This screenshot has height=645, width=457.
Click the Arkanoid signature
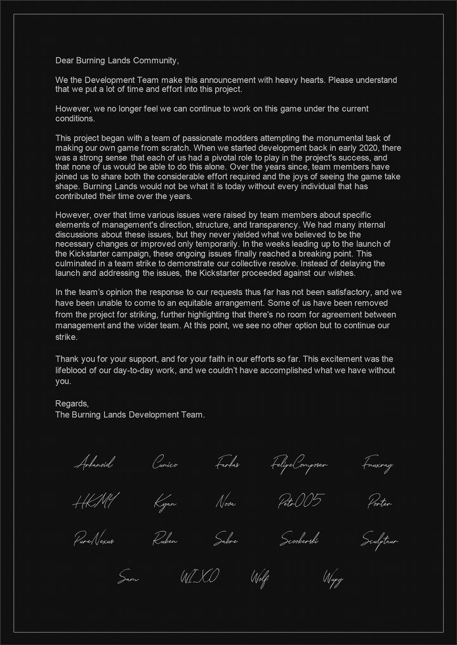click(x=93, y=464)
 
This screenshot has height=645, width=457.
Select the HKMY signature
click(x=95, y=502)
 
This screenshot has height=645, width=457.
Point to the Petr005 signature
click(x=299, y=502)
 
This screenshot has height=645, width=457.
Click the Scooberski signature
click(x=300, y=540)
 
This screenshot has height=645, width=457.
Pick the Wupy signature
click(x=333, y=578)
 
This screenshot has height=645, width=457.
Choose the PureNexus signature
click(x=94, y=540)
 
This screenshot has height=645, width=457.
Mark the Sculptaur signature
click(x=380, y=540)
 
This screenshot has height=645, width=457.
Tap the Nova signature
click(x=225, y=503)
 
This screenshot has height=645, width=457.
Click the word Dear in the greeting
click(x=65, y=61)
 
